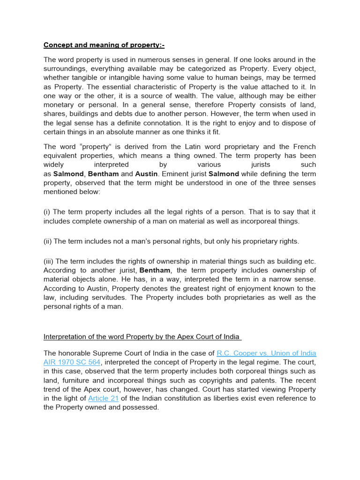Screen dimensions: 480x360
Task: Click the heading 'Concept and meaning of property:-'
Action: [104, 45]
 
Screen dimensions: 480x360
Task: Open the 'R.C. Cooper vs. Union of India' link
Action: [266, 353]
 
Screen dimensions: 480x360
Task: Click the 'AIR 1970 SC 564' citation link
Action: [72, 362]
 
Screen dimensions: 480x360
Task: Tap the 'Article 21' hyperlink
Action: [103, 398]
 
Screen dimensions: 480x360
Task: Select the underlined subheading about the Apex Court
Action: [142, 337]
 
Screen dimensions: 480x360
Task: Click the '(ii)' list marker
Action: [48, 241]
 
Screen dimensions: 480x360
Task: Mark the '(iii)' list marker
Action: [49, 261]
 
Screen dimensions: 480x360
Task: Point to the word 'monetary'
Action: [60, 105]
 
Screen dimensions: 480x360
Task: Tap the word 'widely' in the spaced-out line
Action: [54, 165]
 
